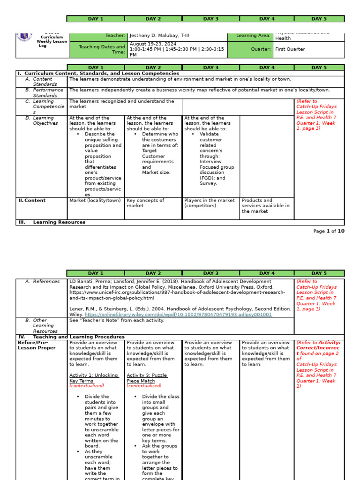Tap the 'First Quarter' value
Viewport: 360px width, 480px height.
pyautogui.click(x=290, y=49)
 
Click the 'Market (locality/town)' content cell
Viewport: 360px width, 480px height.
pyautogui.click(x=95, y=201)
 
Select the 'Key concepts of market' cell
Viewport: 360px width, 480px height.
pyautogui.click(x=145, y=203)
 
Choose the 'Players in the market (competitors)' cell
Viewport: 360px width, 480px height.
pyautogui.click(x=209, y=203)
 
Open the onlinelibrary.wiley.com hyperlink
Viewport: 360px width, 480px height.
pyautogui.click(x=178, y=315)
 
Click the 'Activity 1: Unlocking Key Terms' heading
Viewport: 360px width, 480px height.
pyautogui.click(x=94, y=378)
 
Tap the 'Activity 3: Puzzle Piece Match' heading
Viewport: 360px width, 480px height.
pyautogui.click(x=147, y=378)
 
